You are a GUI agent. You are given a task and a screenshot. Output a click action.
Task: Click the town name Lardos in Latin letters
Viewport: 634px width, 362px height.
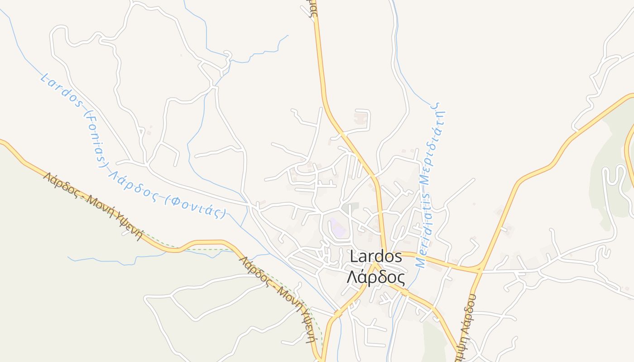coord(376,257)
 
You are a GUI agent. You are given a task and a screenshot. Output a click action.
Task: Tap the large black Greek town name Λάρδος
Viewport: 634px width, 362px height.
coord(375,276)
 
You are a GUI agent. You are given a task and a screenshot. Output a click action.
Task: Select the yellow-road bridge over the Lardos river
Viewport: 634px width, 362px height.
coord(337,313)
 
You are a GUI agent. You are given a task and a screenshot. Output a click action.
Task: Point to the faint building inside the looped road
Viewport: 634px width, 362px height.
coord(361,119)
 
